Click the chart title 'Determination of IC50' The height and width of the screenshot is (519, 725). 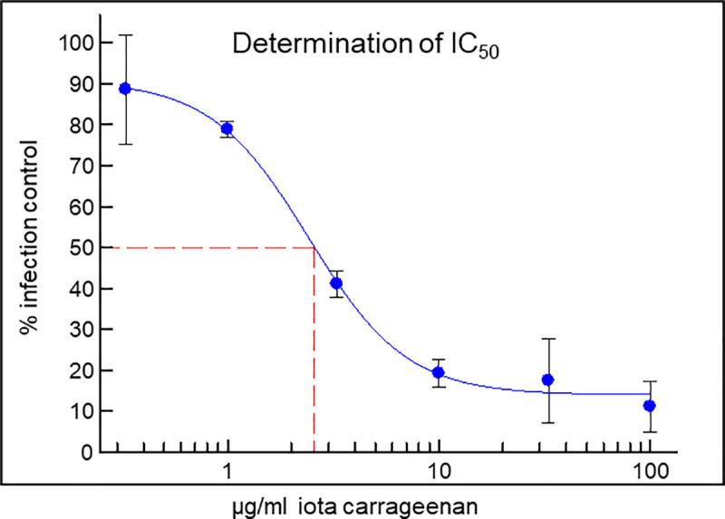click(x=364, y=44)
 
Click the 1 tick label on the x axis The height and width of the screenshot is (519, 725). click(x=227, y=472)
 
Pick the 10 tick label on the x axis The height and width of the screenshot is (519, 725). click(x=439, y=472)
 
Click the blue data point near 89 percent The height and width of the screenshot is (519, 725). click(x=126, y=89)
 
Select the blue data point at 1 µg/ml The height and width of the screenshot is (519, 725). click(x=227, y=129)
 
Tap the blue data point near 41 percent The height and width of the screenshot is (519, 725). click(x=336, y=284)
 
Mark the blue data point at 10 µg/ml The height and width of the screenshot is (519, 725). click(x=439, y=372)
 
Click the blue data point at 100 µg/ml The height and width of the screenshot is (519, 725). click(x=649, y=406)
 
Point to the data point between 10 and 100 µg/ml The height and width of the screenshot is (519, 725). click(x=547, y=380)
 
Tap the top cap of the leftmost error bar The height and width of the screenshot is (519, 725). click(x=126, y=35)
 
